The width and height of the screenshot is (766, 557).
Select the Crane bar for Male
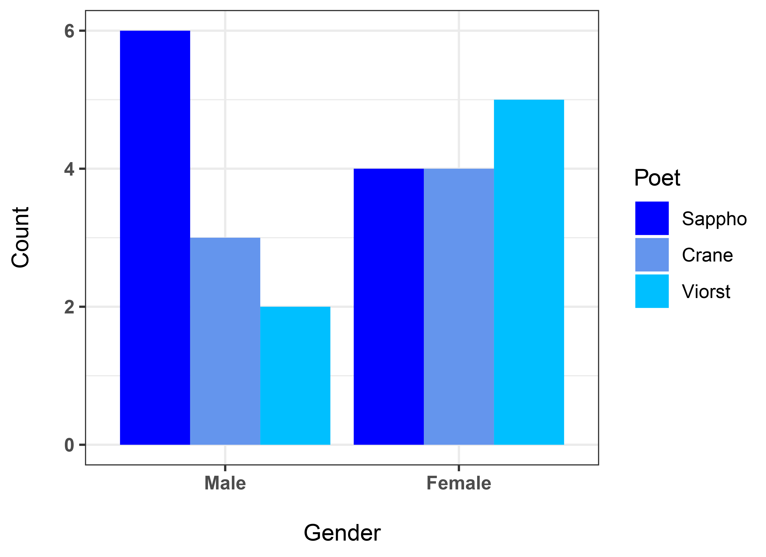click(225, 341)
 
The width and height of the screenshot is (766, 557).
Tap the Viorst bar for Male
click(295, 376)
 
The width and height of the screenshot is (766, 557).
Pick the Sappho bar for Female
click(389, 307)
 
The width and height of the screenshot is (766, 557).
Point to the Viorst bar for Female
click(529, 272)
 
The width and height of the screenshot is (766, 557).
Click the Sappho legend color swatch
click(652, 218)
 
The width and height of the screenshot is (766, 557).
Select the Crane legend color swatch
click(652, 255)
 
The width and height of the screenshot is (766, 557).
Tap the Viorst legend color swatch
click(652, 291)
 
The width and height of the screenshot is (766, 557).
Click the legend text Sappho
click(714, 219)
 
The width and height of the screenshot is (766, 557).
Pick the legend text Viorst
click(706, 292)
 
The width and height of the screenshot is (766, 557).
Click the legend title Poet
click(657, 178)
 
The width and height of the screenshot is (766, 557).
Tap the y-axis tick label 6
click(69, 31)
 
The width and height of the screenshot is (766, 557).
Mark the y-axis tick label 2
click(69, 307)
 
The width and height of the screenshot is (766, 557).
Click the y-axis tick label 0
click(69, 445)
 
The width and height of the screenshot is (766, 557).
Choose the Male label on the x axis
click(225, 483)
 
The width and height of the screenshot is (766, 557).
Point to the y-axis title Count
click(20, 237)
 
